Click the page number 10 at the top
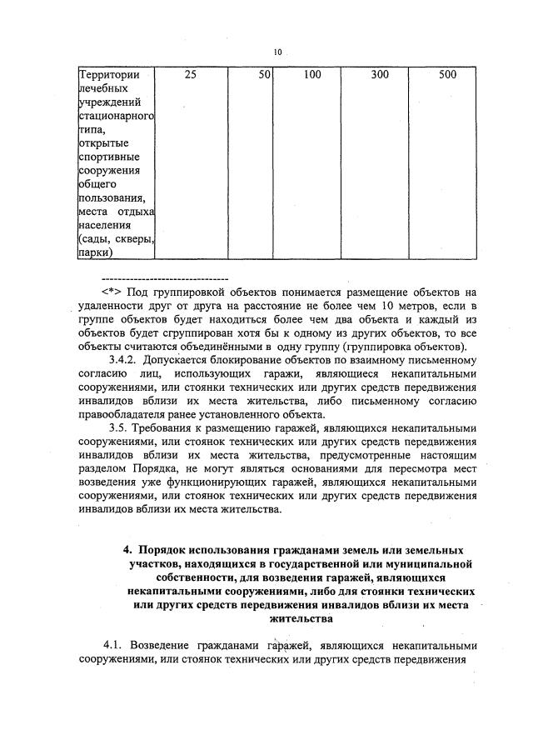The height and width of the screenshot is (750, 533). click(x=277, y=52)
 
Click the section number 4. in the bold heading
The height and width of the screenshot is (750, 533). click(x=127, y=551)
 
